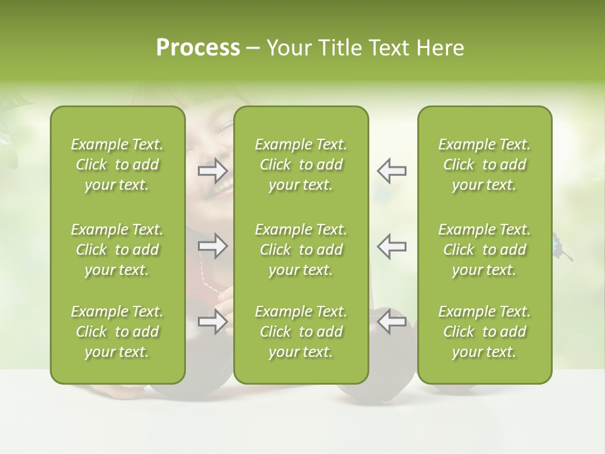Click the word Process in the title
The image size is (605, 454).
(x=198, y=48)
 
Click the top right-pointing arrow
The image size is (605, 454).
(x=213, y=170)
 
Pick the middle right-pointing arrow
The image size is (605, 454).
(x=213, y=246)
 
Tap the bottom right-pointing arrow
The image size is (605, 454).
(x=213, y=322)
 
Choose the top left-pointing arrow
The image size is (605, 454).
(x=391, y=170)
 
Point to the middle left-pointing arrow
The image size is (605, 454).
(x=391, y=246)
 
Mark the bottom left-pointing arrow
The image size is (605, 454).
(x=391, y=322)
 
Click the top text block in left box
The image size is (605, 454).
(x=117, y=165)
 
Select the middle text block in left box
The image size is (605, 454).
(x=117, y=250)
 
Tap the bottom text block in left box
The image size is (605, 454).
(x=117, y=332)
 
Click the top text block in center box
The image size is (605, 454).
(x=301, y=165)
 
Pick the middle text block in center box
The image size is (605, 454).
(x=301, y=250)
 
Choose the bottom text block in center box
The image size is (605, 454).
(x=301, y=332)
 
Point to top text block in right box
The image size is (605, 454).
(x=485, y=165)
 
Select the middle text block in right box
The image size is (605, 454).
(x=485, y=250)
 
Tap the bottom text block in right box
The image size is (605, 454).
(x=485, y=332)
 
